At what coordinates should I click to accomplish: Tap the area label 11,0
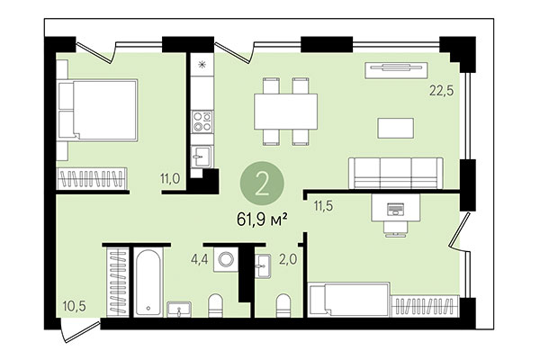coord(171,179)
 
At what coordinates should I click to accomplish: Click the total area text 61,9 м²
coord(261,219)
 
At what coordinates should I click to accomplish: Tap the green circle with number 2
coord(262,182)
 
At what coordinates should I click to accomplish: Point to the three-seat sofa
coord(395,171)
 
